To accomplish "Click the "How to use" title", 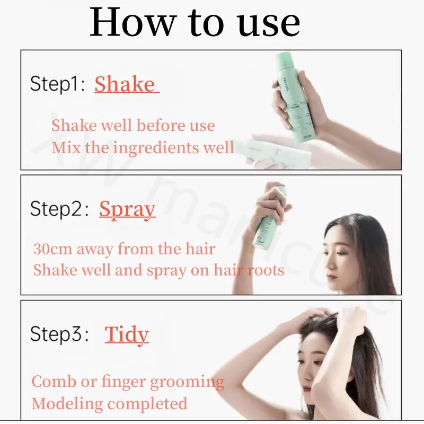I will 195,23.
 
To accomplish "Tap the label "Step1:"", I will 57,84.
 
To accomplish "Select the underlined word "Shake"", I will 125,84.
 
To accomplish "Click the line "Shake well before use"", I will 133,126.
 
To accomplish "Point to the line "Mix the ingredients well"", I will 143,147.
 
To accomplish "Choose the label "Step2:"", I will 59,209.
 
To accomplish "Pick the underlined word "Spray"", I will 127,209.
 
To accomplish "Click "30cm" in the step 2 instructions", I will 52,249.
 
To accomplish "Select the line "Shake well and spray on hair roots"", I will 158,270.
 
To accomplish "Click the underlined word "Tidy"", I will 127,334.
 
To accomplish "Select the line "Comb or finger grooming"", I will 128,382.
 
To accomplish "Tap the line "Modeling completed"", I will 109,403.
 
